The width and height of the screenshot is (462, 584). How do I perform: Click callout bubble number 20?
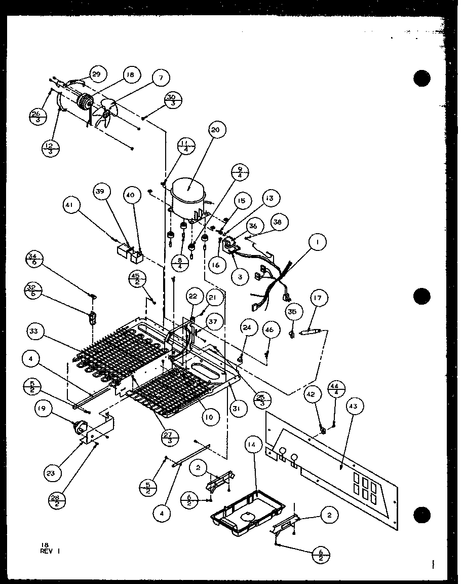215,130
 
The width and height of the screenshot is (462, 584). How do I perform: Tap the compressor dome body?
188,193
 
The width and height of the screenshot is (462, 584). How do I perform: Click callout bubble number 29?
96,74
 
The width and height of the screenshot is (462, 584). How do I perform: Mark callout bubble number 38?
279,222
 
